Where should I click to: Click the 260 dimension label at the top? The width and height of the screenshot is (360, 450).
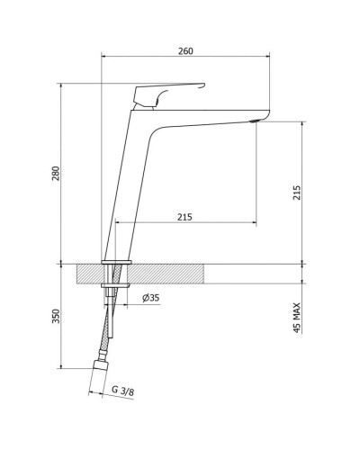[x=184, y=50]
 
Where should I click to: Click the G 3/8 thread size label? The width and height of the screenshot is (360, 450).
[x=123, y=393]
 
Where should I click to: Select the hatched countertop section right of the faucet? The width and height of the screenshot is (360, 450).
[x=171, y=271]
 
